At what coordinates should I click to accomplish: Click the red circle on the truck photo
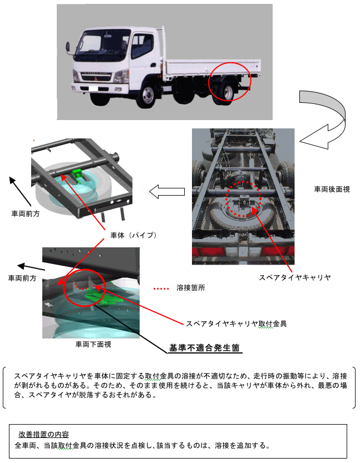click(230, 82)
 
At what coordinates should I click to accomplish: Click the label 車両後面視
click(332, 189)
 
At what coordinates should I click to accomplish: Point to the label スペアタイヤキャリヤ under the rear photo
click(295, 277)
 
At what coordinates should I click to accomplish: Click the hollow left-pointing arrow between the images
click(167, 192)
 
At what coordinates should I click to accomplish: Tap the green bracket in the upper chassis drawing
click(78, 173)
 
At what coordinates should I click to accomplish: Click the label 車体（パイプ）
click(134, 235)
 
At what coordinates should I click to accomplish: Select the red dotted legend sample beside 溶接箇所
click(161, 288)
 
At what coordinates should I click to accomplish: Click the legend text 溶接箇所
click(191, 287)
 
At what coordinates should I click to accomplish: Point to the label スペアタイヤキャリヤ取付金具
click(236, 323)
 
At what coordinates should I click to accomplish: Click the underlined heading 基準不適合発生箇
click(204, 348)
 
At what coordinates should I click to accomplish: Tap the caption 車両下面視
click(93, 344)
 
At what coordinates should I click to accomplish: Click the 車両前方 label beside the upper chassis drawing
click(26, 213)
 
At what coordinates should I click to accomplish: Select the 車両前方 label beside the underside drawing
click(22, 278)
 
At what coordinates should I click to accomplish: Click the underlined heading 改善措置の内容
click(43, 434)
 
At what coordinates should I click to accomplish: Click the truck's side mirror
click(68, 48)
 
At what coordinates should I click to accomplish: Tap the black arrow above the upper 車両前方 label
click(20, 191)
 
